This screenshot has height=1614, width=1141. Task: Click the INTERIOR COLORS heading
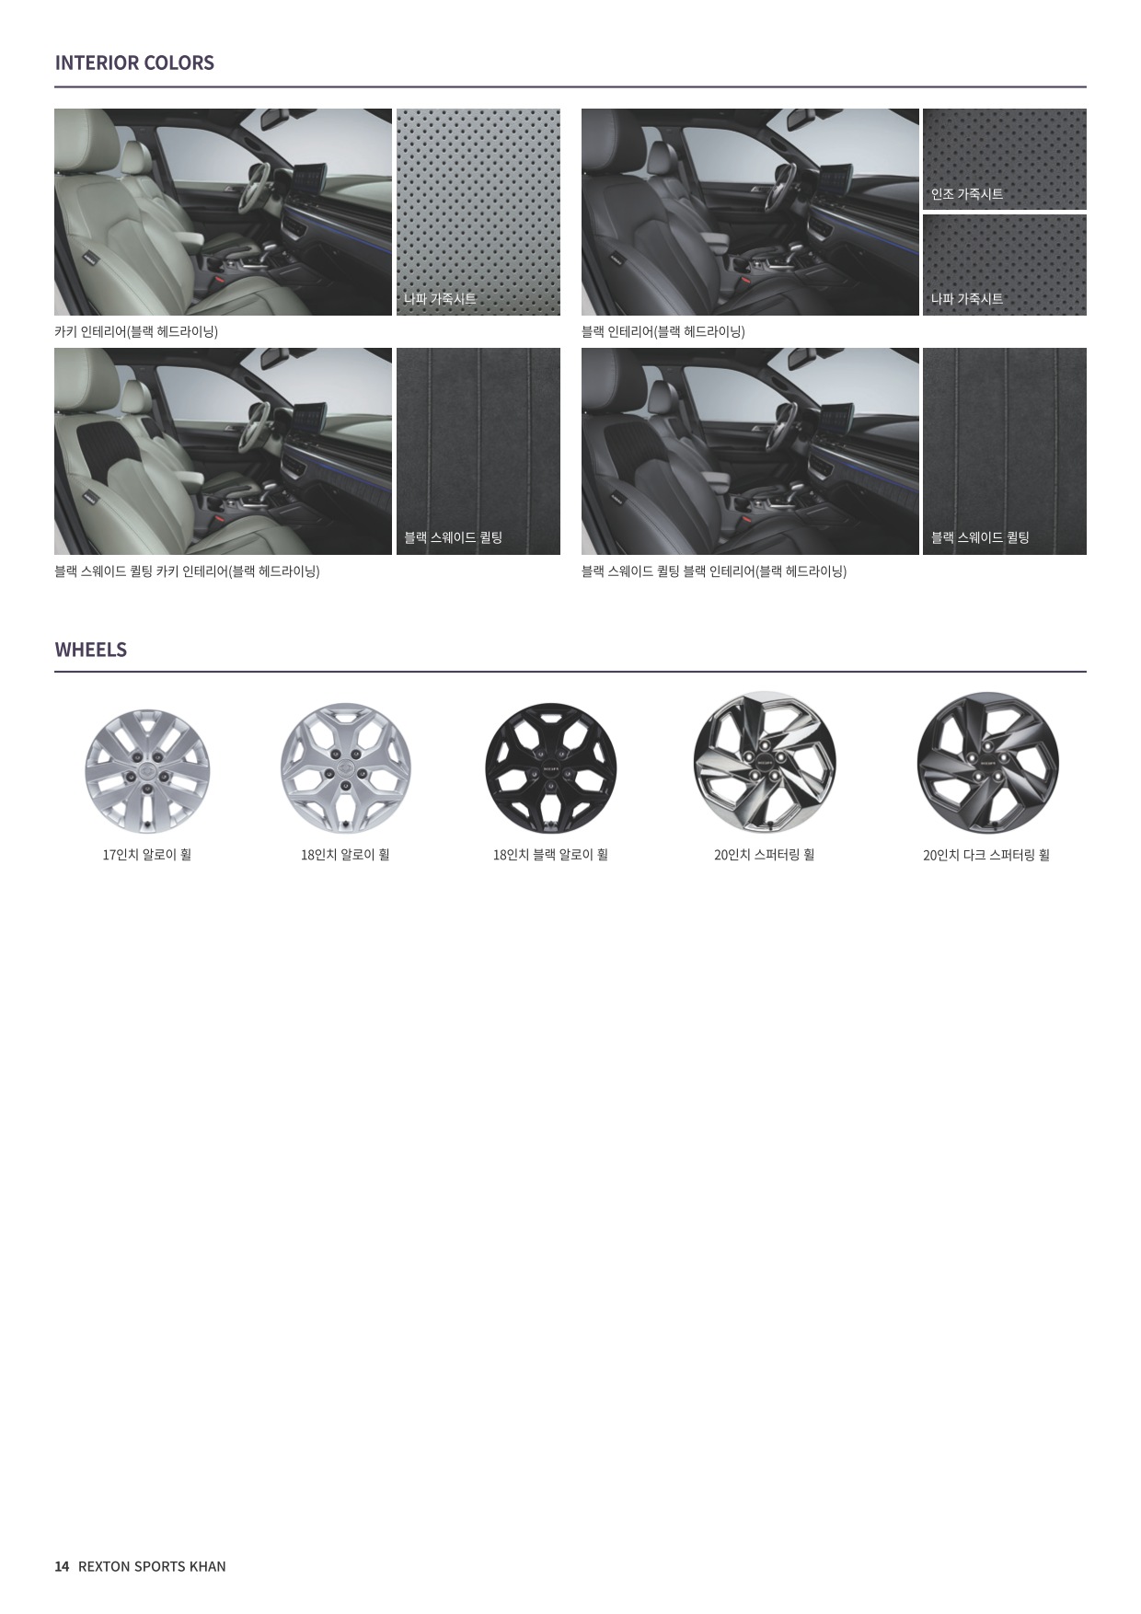tap(134, 63)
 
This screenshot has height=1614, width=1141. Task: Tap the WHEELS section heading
tap(91, 650)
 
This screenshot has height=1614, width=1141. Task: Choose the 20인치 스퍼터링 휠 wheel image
tap(765, 763)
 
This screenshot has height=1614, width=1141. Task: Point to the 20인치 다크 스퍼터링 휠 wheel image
tap(987, 763)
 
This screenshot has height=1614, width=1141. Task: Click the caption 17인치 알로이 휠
tap(147, 855)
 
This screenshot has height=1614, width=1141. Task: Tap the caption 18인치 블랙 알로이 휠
tap(550, 855)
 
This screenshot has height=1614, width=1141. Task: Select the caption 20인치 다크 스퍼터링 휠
tap(986, 855)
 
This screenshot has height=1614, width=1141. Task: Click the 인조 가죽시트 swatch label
tap(967, 194)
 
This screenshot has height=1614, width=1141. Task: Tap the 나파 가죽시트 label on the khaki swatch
tap(440, 299)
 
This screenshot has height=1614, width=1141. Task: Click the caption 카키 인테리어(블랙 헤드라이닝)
tap(136, 331)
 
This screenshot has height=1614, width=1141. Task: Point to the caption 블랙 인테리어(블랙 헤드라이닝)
tap(663, 331)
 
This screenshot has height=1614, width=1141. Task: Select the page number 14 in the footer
tap(62, 1566)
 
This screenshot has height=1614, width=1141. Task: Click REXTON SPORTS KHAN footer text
tap(152, 1566)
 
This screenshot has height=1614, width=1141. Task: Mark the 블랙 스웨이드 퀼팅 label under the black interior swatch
tap(980, 538)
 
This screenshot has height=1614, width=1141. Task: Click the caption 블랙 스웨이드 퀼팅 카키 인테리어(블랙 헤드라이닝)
tap(187, 571)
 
